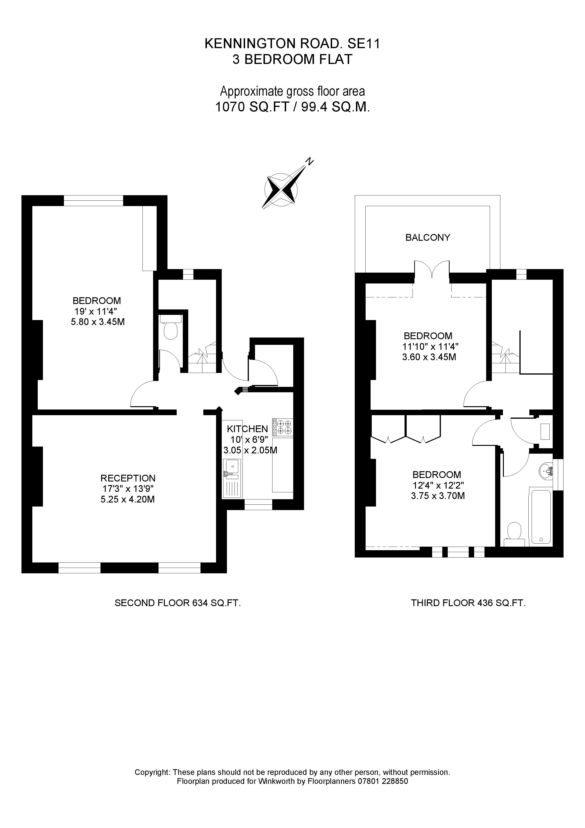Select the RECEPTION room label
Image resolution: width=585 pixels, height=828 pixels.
128,478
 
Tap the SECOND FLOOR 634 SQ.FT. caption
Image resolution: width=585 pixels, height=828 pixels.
178,603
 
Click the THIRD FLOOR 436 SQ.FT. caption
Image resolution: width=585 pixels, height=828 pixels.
468,603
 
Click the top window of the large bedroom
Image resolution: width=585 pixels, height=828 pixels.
93,200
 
